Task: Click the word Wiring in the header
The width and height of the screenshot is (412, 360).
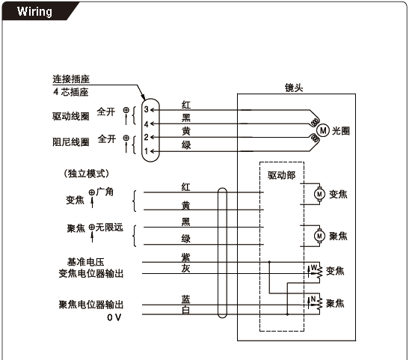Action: [x=34, y=11]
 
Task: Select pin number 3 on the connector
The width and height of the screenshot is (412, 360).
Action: [x=147, y=109]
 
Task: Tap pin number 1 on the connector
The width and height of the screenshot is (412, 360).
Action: [x=147, y=151]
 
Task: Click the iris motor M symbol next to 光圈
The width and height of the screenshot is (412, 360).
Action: [x=323, y=130]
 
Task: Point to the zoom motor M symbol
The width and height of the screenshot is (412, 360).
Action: [x=319, y=195]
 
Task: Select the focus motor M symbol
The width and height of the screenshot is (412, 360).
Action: [x=319, y=236]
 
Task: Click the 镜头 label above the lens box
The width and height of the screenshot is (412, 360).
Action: [x=294, y=88]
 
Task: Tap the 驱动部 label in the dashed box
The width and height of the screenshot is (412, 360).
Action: [x=281, y=175]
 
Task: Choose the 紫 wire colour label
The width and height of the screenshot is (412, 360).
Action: [x=185, y=257]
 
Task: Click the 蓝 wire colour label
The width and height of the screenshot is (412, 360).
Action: [x=185, y=299]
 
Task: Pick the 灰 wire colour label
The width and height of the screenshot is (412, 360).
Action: [x=185, y=269]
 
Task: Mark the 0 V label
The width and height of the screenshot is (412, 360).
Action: [x=114, y=317]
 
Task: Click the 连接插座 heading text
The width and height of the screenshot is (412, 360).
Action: [x=71, y=79]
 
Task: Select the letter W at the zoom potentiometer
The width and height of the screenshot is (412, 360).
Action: [x=314, y=267]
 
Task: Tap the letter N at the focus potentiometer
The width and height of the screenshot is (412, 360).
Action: [x=313, y=299]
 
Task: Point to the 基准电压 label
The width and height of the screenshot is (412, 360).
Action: [x=86, y=262]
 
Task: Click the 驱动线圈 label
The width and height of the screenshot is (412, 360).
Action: [x=71, y=116]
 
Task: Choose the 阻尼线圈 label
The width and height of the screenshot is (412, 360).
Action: [x=71, y=142]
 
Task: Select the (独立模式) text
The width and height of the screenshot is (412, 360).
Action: [x=86, y=174]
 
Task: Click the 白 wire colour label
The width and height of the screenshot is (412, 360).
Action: [x=185, y=311]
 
